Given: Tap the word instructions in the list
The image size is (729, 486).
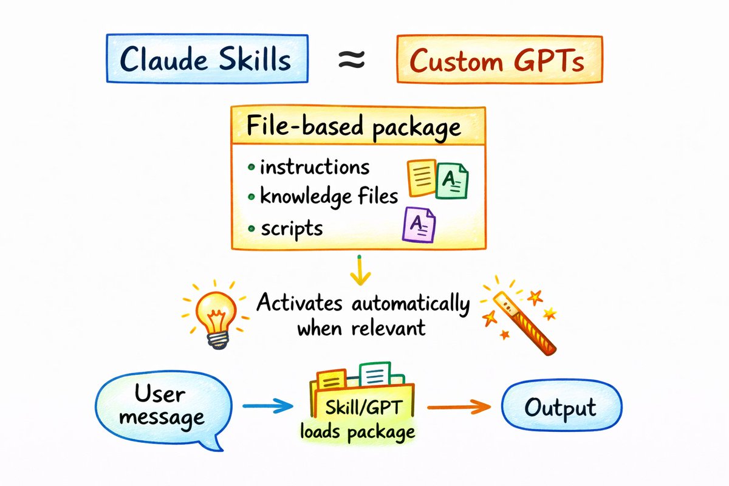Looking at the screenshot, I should coord(314,167).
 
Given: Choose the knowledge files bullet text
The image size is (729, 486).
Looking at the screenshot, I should coord(329,196).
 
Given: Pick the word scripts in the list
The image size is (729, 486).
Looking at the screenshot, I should coord(292,229).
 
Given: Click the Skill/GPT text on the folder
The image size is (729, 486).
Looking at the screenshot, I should coord(363,408).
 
